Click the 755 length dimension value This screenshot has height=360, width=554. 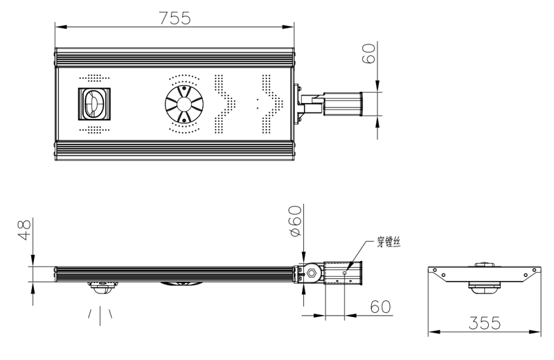point(175,18)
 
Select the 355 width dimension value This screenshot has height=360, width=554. point(484,323)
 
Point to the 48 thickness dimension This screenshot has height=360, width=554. point(24,230)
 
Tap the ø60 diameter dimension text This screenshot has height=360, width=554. point(295,221)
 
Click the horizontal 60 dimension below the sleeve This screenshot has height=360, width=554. point(380,307)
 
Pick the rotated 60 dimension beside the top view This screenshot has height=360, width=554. point(368,53)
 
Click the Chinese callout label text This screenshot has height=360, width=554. point(388,242)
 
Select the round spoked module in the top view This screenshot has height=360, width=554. point(184,104)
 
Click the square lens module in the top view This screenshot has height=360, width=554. point(94,104)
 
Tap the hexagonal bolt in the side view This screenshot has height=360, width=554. point(312,273)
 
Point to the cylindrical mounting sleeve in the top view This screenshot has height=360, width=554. point(343,104)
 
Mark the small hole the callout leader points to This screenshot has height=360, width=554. point(345,273)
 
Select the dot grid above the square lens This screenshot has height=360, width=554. point(94,78)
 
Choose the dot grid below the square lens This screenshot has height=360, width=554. point(94,130)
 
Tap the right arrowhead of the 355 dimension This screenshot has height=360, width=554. point(535,332)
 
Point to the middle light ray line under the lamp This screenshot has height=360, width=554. point(100,316)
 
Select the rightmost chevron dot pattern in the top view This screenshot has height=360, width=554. point(270,105)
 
